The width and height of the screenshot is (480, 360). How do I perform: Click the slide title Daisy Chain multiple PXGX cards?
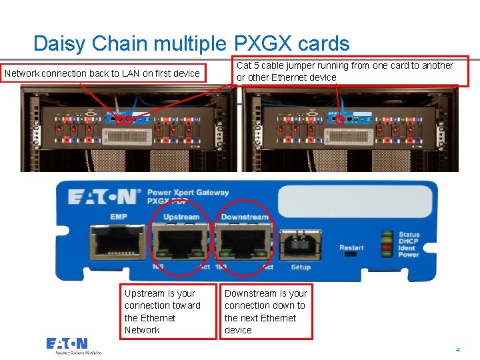click(x=191, y=44)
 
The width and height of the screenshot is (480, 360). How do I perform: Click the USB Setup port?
click(x=300, y=245)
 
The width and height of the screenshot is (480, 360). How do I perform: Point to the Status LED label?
click(x=409, y=235)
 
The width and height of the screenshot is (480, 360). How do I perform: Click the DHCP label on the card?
click(x=409, y=241)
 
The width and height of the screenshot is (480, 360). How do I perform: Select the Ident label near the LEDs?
click(x=408, y=248)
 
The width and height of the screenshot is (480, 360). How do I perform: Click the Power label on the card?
click(x=409, y=255)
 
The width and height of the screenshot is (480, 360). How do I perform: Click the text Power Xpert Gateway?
click(x=188, y=193)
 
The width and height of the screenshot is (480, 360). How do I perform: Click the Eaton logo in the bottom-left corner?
click(x=74, y=345)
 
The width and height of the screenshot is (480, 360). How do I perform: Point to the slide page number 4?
click(x=458, y=349)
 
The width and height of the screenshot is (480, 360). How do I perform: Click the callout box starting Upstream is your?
click(x=169, y=311)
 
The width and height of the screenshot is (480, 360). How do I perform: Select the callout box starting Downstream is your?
click(x=266, y=311)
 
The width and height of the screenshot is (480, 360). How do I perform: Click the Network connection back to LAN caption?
click(x=103, y=73)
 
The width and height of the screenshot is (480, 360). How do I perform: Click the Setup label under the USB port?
click(x=301, y=267)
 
